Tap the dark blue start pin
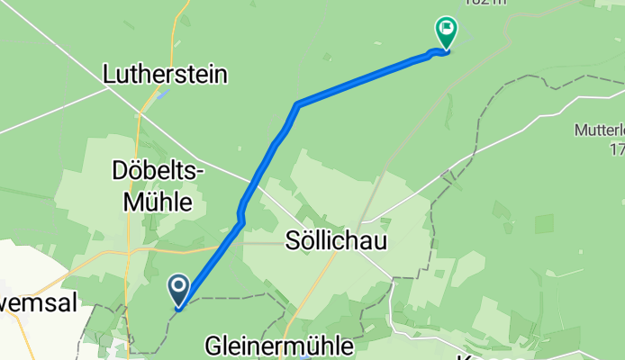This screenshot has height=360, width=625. click(x=178, y=290)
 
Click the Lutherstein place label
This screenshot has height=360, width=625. click(x=165, y=73)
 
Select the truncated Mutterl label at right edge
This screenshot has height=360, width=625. click(x=600, y=130)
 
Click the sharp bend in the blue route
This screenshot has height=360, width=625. click(x=296, y=105)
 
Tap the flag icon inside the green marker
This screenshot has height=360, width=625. click(x=446, y=29)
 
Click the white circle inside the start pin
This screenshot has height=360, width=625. click(x=178, y=287)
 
